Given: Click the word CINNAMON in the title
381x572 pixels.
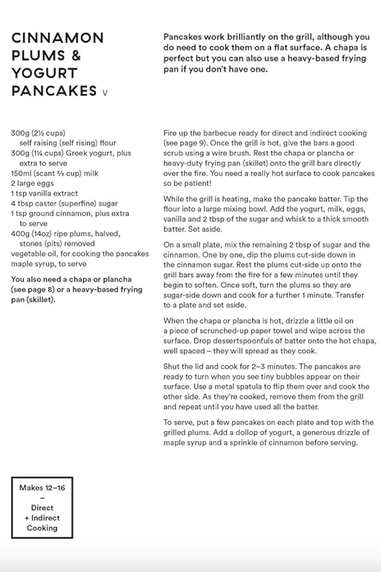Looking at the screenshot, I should tap(58, 38).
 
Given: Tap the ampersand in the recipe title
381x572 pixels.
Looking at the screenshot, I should tap(76, 56).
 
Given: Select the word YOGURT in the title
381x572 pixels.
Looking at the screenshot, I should tap(44, 73).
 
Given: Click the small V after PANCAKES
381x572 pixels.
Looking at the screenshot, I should tap(105, 93).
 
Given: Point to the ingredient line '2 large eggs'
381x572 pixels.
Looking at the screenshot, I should tap(32, 183).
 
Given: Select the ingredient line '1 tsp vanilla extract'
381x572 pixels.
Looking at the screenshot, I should tap(44, 194).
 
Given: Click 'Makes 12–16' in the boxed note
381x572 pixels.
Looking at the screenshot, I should tap(42, 488).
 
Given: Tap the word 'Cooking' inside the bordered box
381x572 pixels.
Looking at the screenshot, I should tap(42, 528).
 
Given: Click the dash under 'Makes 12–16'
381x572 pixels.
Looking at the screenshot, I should tap(42, 498).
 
